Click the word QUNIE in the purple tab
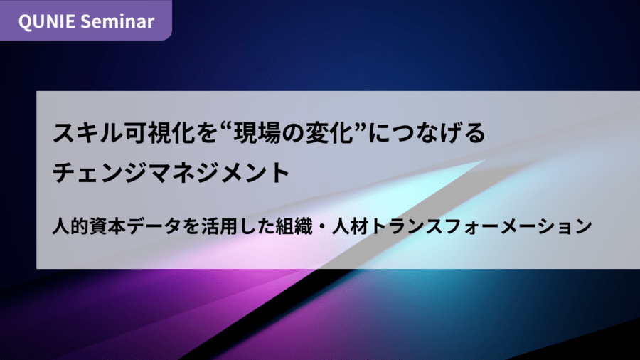coord(46,21)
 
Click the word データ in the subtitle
coord(154,226)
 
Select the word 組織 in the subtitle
coord(294,226)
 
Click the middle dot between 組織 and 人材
coord(322,226)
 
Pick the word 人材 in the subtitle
coord(350,226)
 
